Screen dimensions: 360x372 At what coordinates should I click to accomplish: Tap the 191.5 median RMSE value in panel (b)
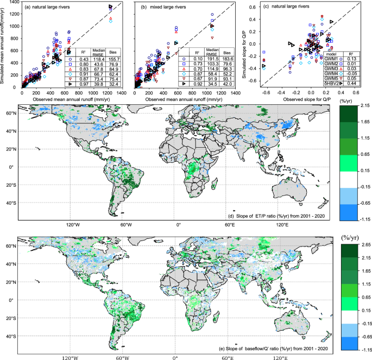210,58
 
